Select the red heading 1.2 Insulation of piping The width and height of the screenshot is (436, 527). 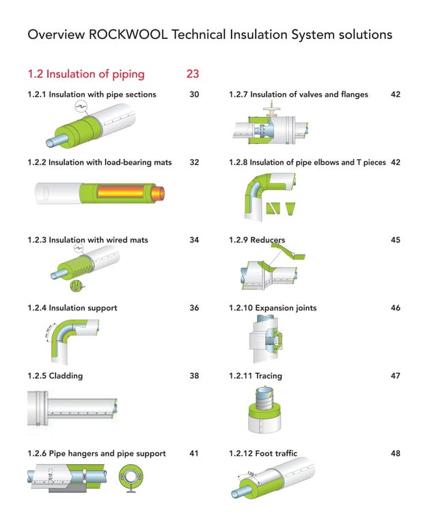85,74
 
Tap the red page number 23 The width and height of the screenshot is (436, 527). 192,74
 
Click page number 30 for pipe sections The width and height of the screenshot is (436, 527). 194,94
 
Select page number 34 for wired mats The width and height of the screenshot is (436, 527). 194,240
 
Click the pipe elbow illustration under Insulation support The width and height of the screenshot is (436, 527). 62,340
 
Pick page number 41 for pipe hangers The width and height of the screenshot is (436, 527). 194,453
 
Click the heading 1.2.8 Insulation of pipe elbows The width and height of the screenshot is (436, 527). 307,162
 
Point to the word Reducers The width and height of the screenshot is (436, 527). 268,240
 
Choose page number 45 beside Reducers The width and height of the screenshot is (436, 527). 395,240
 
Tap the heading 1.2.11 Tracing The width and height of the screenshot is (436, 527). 255,376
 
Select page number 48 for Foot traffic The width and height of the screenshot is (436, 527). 395,453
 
